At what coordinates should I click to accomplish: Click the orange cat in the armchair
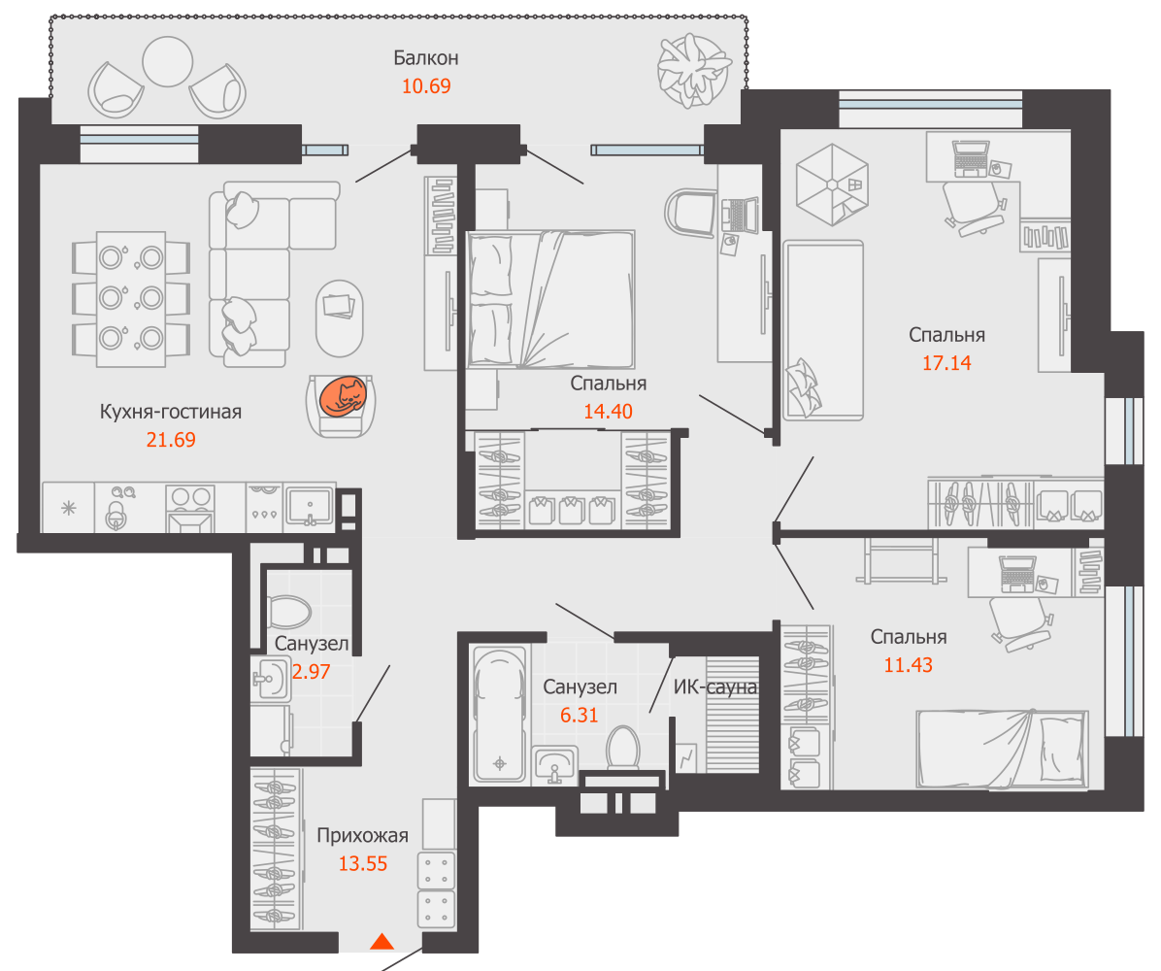(x=342, y=398)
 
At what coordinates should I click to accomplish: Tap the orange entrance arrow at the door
(x=382, y=941)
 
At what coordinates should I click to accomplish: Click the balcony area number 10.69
(x=426, y=85)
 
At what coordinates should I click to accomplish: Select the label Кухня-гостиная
(x=170, y=412)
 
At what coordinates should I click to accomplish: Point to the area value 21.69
(x=170, y=440)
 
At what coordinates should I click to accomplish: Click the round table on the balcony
(x=167, y=61)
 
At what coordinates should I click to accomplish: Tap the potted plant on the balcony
(x=694, y=71)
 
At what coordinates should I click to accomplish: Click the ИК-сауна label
(x=715, y=687)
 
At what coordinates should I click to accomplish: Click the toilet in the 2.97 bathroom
(x=288, y=612)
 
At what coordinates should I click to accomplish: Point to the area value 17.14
(x=946, y=363)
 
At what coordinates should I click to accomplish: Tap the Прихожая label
(x=362, y=836)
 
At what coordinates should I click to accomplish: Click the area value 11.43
(x=908, y=665)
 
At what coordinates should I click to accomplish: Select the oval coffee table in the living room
(x=339, y=318)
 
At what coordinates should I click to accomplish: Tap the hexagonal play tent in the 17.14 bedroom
(x=832, y=184)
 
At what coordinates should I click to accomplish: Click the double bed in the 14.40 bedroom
(x=550, y=299)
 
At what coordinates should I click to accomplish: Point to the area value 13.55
(x=363, y=863)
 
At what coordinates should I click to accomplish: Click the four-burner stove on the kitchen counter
(x=190, y=509)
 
